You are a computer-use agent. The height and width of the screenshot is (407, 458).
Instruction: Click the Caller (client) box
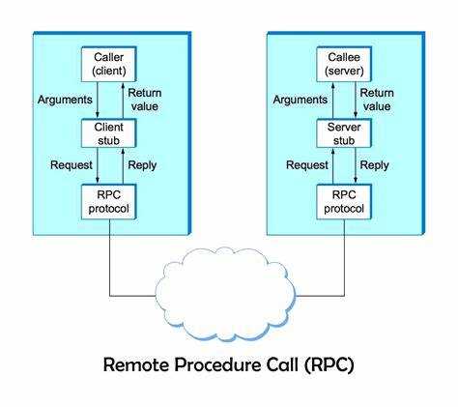click(x=109, y=64)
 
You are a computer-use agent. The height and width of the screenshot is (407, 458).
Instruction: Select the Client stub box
click(x=109, y=133)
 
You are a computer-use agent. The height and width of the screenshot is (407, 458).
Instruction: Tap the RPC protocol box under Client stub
click(x=109, y=202)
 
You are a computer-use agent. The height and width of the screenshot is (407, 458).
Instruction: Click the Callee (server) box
click(x=344, y=64)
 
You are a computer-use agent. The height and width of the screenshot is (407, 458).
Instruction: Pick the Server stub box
click(x=344, y=133)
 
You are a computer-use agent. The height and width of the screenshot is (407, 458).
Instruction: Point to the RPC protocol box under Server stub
click(x=344, y=202)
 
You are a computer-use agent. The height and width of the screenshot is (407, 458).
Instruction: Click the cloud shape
click(x=225, y=295)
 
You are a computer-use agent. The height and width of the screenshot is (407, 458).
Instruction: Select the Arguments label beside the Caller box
click(x=65, y=100)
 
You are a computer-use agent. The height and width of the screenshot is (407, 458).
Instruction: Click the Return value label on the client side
click(x=145, y=100)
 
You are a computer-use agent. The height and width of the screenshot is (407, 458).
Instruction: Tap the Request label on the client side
click(x=72, y=165)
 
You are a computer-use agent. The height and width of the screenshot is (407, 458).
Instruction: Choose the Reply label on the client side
click(x=142, y=165)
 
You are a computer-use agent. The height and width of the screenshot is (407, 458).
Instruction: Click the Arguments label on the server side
click(x=301, y=100)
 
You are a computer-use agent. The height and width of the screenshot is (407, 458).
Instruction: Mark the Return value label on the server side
click(x=377, y=100)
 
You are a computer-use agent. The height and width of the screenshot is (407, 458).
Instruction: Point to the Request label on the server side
click(x=307, y=165)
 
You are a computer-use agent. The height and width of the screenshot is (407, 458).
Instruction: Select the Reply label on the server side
click(x=374, y=165)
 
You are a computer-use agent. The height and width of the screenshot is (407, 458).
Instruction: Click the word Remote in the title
click(x=136, y=364)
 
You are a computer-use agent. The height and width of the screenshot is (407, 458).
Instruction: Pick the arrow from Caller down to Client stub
click(x=98, y=101)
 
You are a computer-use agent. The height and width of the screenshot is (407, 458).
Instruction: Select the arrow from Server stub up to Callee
click(x=332, y=101)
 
